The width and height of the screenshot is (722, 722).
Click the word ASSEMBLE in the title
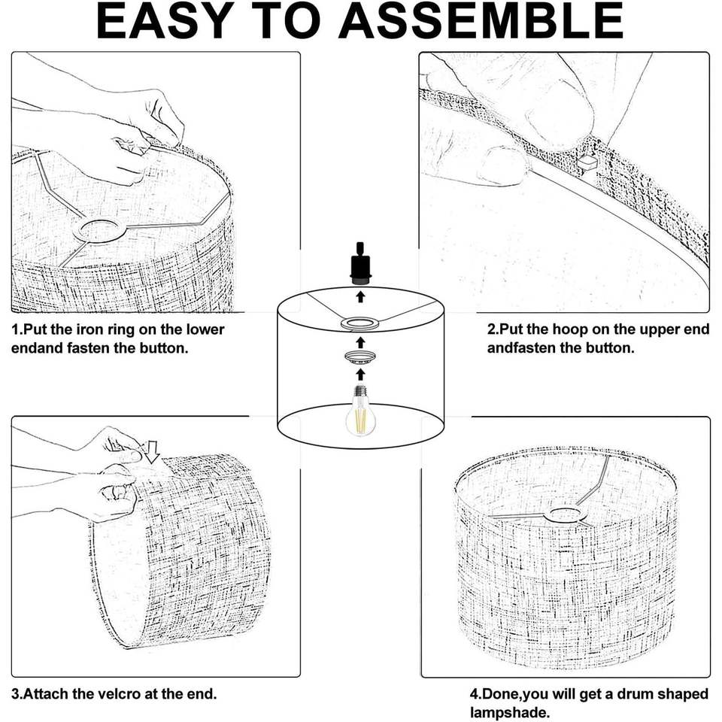481,20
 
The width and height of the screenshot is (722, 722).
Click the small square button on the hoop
587,160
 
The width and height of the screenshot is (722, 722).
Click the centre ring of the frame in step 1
99,231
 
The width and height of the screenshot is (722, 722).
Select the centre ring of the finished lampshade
565,514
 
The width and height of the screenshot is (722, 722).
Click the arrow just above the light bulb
360,374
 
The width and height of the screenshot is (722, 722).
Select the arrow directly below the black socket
360,297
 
